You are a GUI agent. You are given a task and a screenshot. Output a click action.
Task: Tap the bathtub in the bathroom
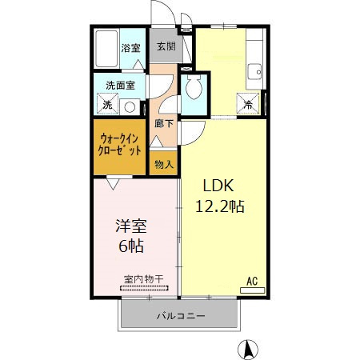coord(106,50)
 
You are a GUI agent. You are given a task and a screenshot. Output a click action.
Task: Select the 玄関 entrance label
coord(166,46)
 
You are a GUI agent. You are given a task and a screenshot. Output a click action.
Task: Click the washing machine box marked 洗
coord(106,104)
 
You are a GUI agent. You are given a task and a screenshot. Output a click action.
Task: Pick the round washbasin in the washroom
coord(130,105)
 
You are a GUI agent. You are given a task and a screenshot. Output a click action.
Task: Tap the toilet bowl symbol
coord(194,90)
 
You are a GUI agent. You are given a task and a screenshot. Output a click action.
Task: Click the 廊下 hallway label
coord(163,125)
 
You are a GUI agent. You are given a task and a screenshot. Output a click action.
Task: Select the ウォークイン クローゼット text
coord(121,143)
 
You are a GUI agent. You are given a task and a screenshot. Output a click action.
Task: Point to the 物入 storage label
coord(163,164)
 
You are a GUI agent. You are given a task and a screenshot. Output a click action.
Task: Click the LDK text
coord(218,186)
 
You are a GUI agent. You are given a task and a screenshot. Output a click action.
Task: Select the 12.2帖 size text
coord(220,206)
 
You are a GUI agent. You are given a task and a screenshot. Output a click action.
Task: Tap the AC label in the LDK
coord(251,281)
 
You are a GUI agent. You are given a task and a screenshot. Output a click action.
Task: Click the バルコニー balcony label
coord(180,316)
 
